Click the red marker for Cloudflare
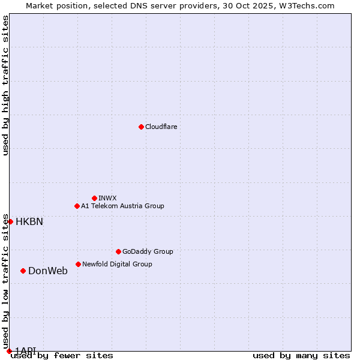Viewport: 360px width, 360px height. click(141, 127)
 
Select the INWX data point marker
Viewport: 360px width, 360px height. click(94, 198)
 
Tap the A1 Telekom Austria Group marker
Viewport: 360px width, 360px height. click(77, 206)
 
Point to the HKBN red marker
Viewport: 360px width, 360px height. click(10, 221)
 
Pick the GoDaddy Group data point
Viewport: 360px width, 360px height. click(118, 251)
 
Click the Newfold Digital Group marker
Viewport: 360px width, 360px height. click(78, 264)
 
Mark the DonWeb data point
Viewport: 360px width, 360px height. click(23, 271)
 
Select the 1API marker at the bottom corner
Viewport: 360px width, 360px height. click(9, 351)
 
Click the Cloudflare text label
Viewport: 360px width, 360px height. click(161, 127)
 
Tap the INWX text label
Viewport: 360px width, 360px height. click(107, 198)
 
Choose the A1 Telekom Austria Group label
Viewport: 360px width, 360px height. click(122, 206)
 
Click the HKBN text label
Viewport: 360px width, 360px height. click(29, 221)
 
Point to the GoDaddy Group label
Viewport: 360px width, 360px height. click(148, 251)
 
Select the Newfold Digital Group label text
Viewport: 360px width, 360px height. click(117, 264)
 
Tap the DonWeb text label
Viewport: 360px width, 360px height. click(48, 271)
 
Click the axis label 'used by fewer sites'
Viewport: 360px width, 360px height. click(62, 356)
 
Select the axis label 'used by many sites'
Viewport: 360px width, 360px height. click(301, 356)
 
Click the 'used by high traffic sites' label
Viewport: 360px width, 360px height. click(5, 85)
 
